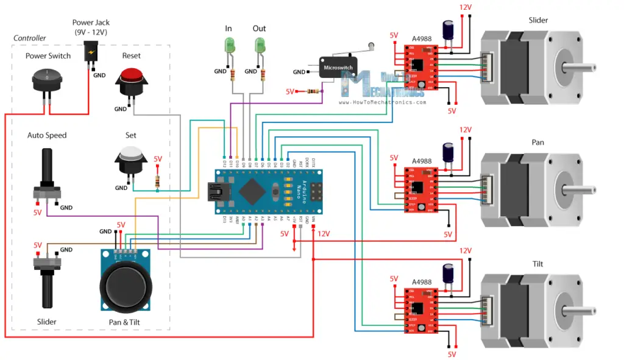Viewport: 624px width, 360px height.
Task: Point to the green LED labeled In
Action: pyautogui.click(x=230, y=46)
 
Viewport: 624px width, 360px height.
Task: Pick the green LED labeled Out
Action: pyautogui.click(x=260, y=46)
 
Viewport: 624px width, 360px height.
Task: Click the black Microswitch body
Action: pyautogui.click(x=338, y=68)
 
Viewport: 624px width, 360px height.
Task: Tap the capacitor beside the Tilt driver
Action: pyautogui.click(x=448, y=275)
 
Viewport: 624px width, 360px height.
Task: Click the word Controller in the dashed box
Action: pyautogui.click(x=30, y=38)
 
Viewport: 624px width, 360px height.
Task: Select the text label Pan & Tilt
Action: pyautogui.click(x=125, y=322)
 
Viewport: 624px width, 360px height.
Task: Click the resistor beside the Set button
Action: pyautogui.click(x=158, y=181)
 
